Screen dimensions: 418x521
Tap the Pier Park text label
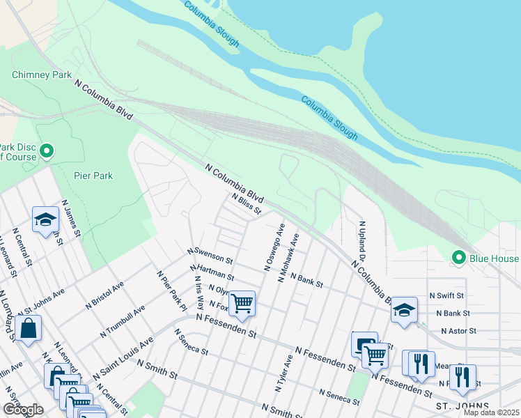[x=93, y=176]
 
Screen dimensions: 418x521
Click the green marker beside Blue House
[x=458, y=258]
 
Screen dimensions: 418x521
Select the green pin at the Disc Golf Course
[x=47, y=150]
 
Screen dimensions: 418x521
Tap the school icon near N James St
[x=45, y=219]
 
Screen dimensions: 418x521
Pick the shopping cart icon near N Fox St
[x=242, y=303]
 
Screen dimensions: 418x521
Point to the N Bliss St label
[x=247, y=203]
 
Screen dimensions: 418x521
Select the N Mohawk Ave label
[x=288, y=257]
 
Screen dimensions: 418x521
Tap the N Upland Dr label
[x=363, y=243]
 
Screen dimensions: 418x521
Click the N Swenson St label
[x=210, y=254]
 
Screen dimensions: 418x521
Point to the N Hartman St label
[x=211, y=272]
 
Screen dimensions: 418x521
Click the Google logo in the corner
[x=23, y=410]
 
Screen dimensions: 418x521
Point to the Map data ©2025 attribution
[x=490, y=412]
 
